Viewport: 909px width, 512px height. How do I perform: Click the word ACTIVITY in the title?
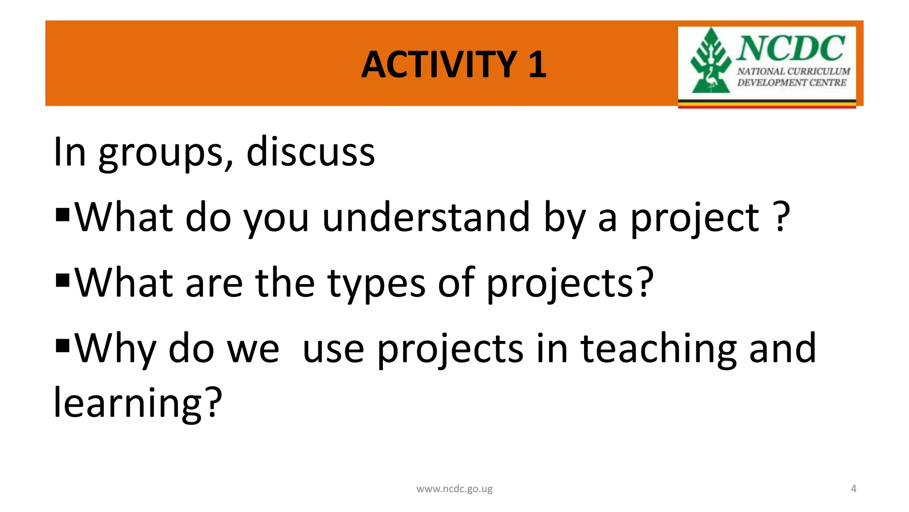[439, 65]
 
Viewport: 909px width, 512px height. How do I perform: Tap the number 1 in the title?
[537, 65]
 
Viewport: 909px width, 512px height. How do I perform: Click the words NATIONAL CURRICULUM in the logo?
[793, 72]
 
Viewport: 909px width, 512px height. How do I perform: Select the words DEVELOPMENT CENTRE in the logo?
[791, 83]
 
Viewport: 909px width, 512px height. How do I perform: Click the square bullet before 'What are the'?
[63, 280]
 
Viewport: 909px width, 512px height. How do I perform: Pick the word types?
[376, 284]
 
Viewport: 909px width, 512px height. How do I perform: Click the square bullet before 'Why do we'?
[63, 345]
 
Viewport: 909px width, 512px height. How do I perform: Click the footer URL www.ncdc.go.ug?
[454, 489]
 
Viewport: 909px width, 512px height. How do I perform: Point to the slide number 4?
[853, 489]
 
